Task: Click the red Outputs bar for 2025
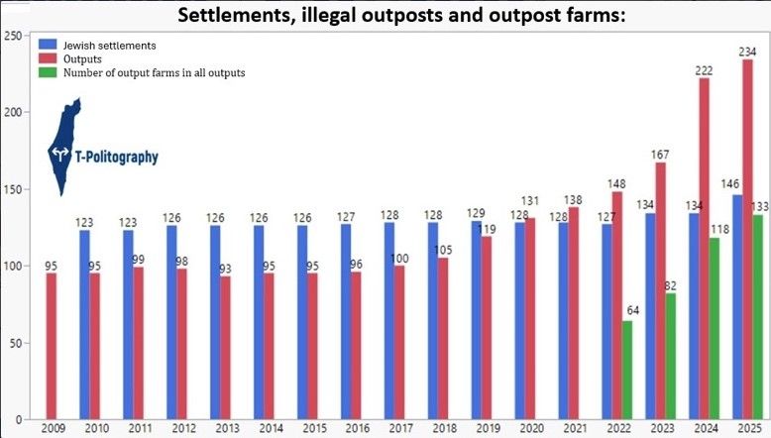click(748, 238)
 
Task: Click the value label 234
click(748, 52)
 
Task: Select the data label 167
click(662, 155)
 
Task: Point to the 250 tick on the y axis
click(14, 37)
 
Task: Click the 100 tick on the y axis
click(14, 267)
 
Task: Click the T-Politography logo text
click(117, 157)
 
